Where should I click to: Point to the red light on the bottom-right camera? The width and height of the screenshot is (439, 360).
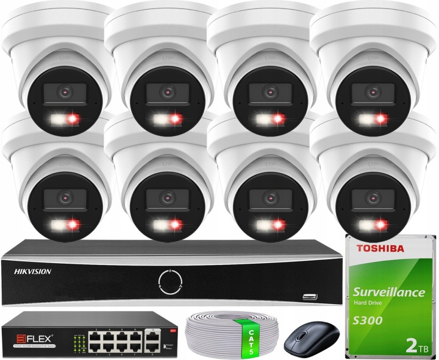(384, 225)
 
